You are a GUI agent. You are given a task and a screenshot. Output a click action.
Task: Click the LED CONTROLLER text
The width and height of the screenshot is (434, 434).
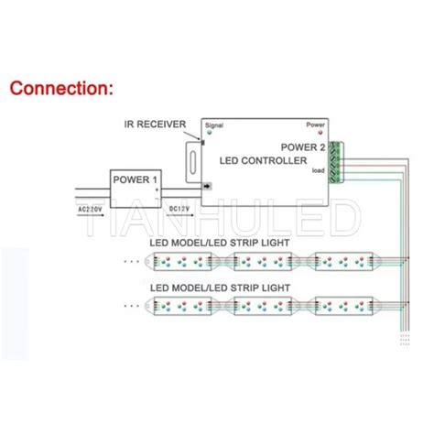point(263,161)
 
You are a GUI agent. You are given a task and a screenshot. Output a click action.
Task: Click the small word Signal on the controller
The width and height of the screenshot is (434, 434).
point(215,125)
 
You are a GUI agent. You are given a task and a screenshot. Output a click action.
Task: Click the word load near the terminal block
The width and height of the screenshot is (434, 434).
point(319,169)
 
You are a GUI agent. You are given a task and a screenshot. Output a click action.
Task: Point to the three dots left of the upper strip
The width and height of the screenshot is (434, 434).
point(135,263)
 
